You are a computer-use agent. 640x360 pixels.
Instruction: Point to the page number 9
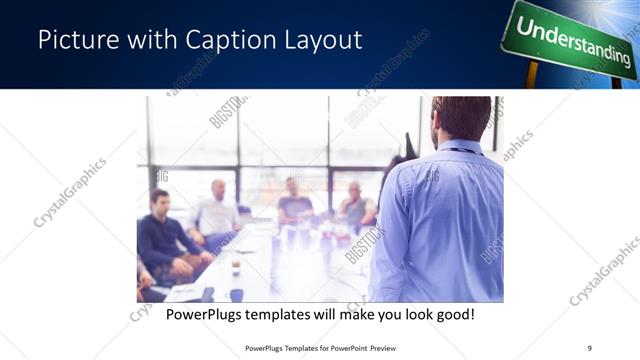589,347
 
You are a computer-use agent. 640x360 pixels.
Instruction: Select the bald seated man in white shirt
218,209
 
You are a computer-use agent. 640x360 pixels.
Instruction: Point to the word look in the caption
413,314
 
